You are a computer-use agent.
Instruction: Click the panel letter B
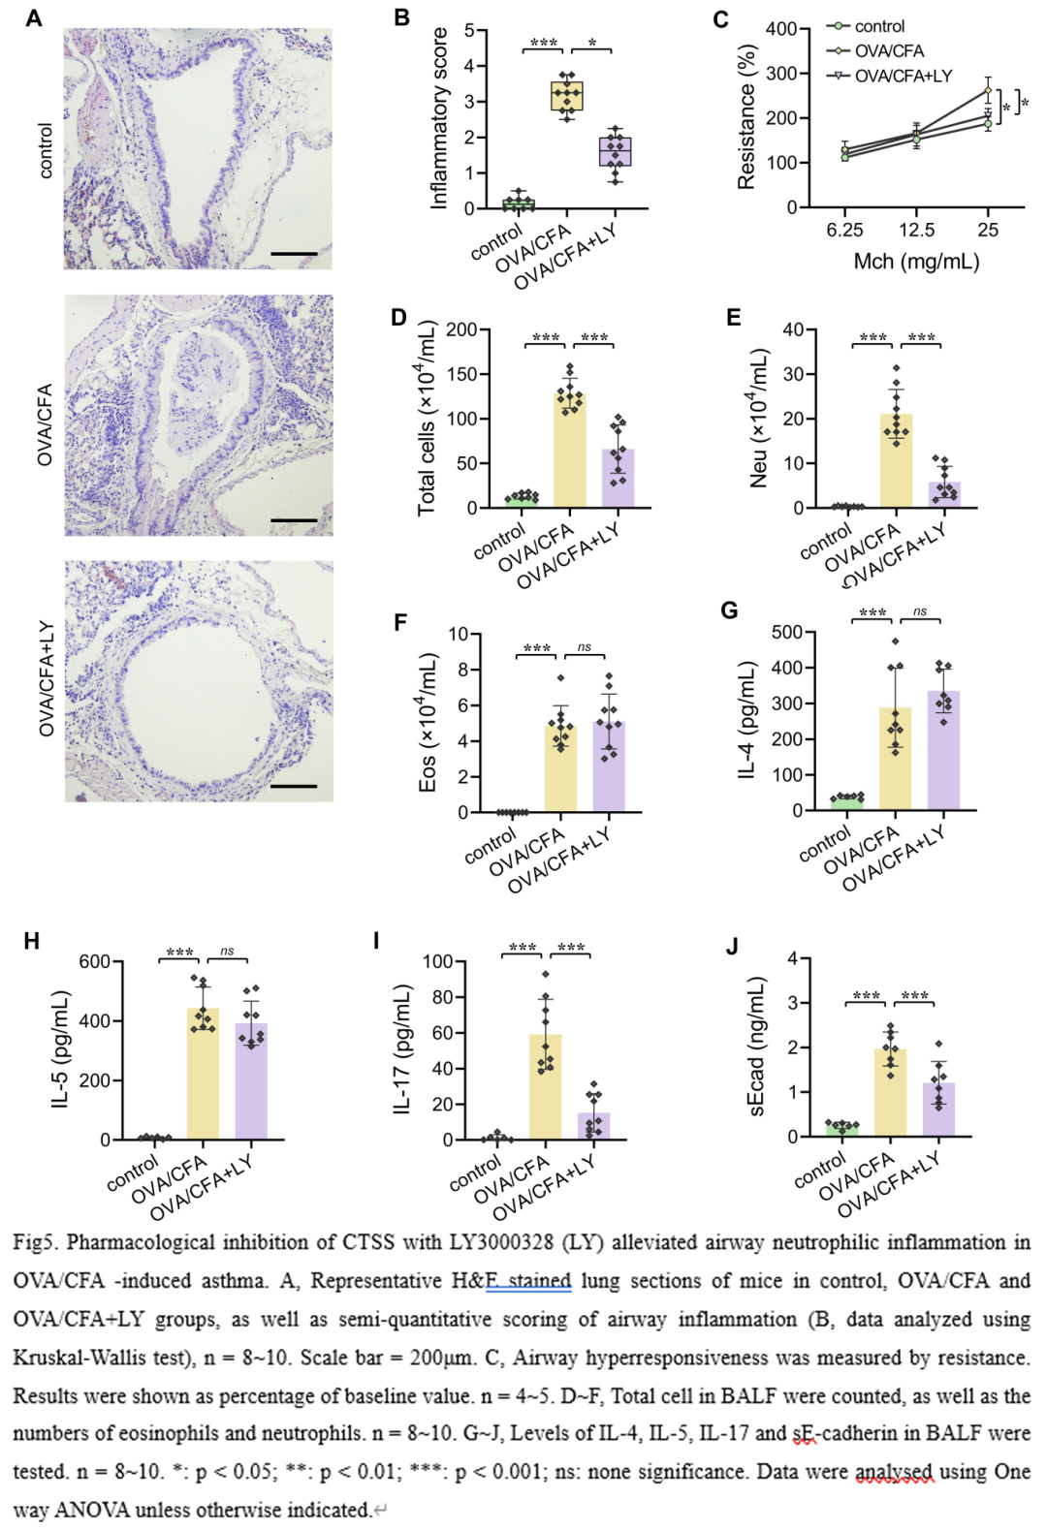click(x=401, y=17)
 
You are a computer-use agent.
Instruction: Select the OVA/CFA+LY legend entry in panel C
click(x=903, y=76)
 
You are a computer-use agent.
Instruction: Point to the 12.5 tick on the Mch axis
click(x=916, y=230)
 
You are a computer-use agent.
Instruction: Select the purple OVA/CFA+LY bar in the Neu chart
click(x=945, y=494)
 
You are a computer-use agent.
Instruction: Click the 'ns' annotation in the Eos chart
click(x=584, y=647)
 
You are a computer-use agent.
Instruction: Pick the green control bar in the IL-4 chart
click(x=847, y=802)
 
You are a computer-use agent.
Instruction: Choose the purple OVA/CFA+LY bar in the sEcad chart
click(x=938, y=1109)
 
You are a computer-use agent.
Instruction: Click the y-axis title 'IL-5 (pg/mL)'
click(x=61, y=1048)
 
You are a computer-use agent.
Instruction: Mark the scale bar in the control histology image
click(x=294, y=254)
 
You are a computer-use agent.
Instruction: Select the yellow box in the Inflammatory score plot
click(x=566, y=97)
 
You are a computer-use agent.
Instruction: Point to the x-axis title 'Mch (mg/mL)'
click(x=916, y=262)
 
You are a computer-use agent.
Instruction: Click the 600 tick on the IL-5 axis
click(x=95, y=961)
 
